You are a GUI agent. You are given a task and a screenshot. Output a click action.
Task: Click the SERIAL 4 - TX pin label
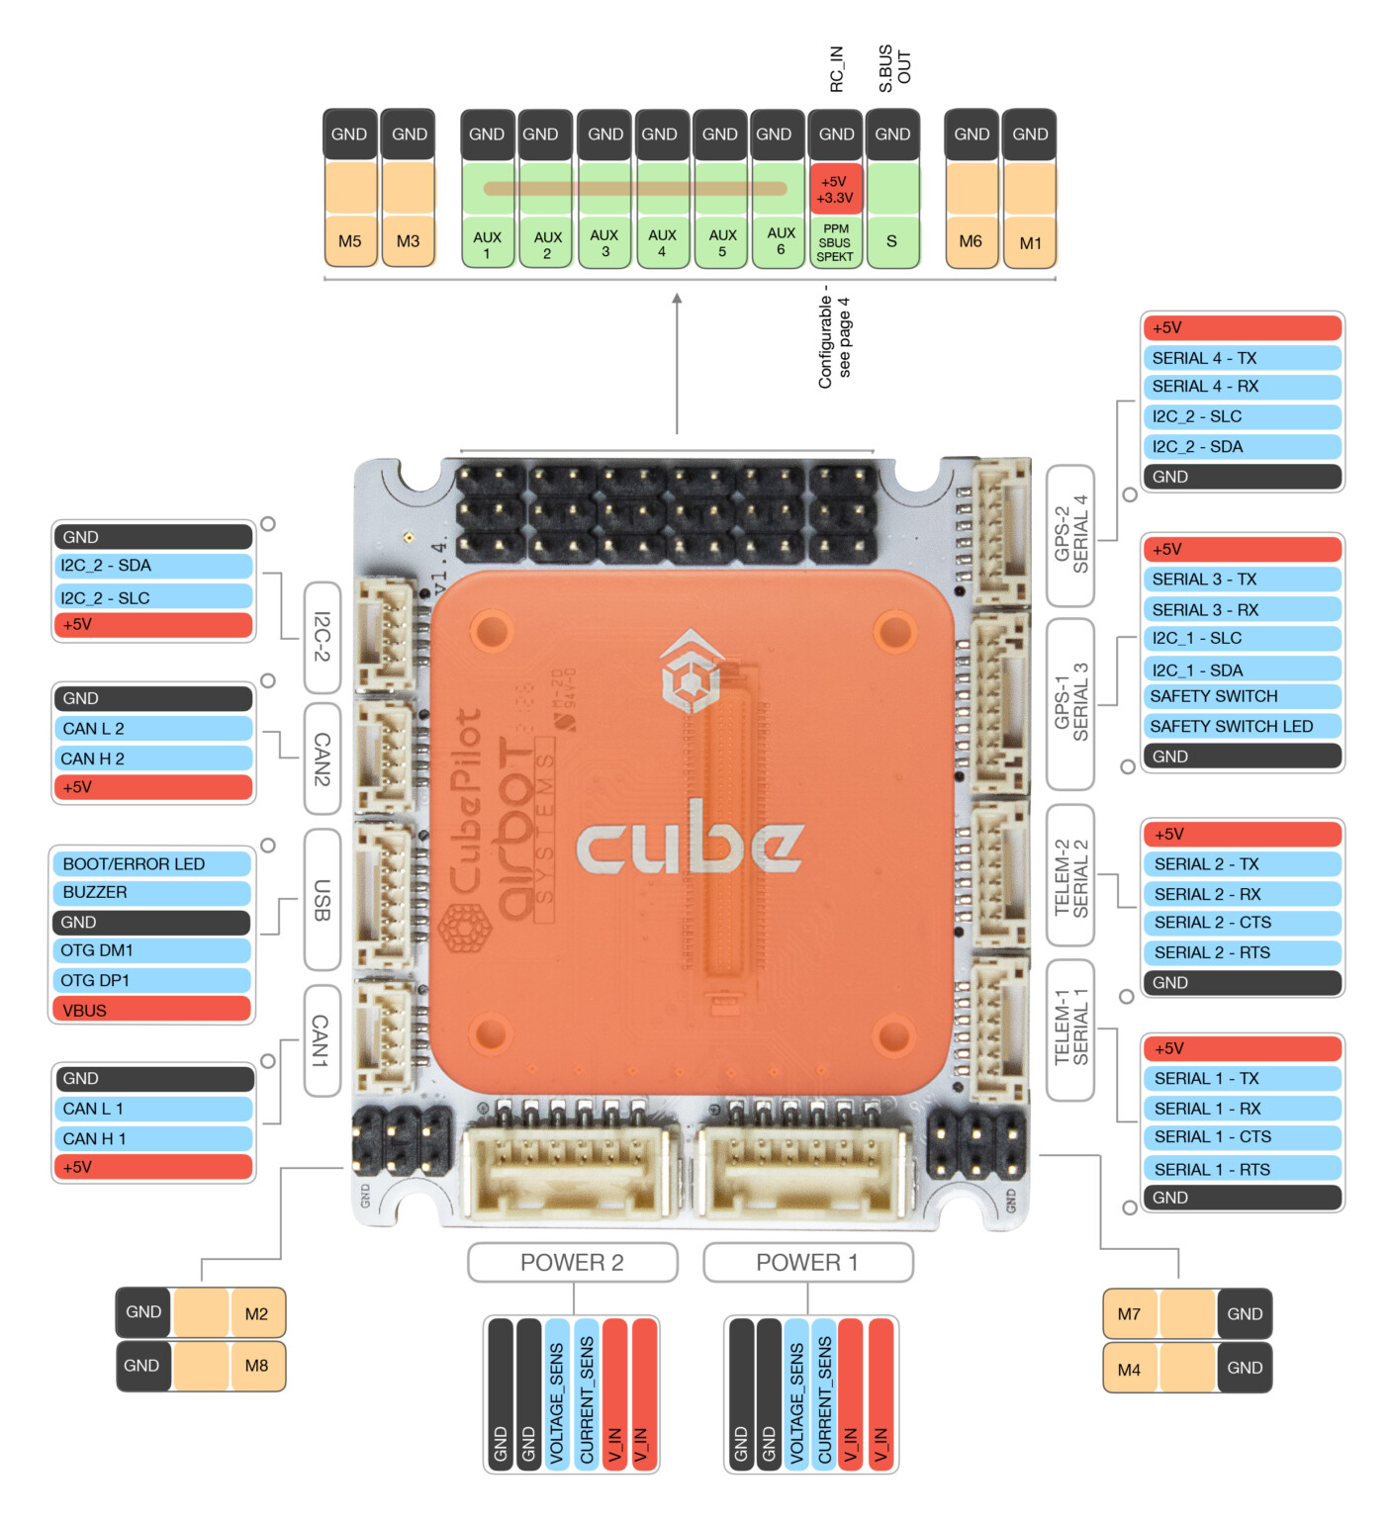1242,358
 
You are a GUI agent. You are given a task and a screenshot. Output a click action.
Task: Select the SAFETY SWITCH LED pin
1242,726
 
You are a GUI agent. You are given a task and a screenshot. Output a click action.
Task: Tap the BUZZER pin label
151,892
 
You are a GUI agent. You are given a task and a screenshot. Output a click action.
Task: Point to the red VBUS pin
151,1010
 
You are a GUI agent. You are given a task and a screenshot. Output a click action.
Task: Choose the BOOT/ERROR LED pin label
151,863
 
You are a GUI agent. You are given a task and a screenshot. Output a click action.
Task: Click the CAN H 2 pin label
153,759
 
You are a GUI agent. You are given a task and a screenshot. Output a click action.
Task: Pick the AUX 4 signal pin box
662,243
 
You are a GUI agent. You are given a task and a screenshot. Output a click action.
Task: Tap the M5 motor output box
350,241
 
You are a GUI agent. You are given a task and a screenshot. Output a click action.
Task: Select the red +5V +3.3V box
835,189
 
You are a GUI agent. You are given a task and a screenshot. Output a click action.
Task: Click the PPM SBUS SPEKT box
835,243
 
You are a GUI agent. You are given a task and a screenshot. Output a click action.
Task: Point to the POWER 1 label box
807,1263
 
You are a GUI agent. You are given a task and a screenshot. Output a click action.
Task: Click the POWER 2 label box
573,1263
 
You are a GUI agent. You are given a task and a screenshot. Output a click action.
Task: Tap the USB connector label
322,900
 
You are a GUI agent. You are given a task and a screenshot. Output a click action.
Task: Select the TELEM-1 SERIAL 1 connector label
1070,1029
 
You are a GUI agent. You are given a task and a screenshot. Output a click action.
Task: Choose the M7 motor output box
1130,1314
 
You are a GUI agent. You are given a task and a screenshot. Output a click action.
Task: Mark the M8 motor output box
256,1366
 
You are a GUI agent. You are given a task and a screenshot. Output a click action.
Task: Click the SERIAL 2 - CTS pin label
1242,923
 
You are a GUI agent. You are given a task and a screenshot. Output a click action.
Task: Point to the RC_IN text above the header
837,69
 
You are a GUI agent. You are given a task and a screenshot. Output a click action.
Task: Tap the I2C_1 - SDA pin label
1242,670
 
